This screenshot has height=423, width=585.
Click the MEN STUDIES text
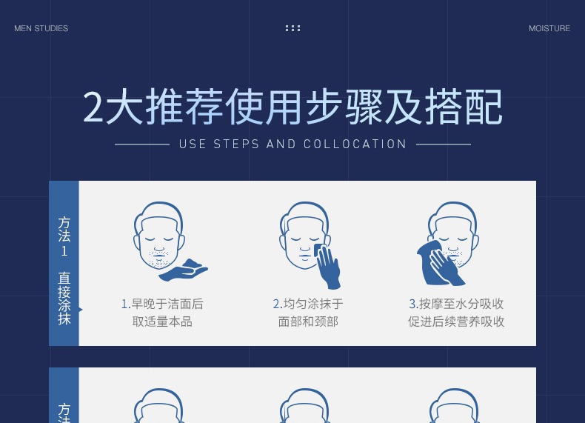pyautogui.click(x=41, y=28)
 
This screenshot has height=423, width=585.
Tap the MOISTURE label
pyautogui.click(x=549, y=28)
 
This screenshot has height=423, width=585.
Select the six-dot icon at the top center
pyautogui.click(x=293, y=28)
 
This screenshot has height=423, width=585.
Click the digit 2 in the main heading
pyautogui.click(x=93, y=107)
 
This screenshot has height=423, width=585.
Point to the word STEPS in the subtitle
pyautogui.click(x=235, y=144)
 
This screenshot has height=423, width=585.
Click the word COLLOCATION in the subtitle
pyautogui.click(x=355, y=144)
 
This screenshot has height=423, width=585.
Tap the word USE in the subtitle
pyautogui.click(x=193, y=144)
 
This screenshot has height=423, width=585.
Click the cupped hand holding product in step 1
pyautogui.click(x=183, y=270)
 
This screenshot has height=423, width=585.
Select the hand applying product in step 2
pyautogui.click(x=327, y=266)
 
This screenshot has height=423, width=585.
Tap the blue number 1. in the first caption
pyautogui.click(x=126, y=304)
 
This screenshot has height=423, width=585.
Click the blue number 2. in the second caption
pyautogui.click(x=278, y=304)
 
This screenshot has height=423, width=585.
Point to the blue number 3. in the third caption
pyautogui.click(x=413, y=304)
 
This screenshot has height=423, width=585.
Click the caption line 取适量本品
pyautogui.click(x=162, y=322)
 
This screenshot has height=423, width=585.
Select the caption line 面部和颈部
pyautogui.click(x=308, y=322)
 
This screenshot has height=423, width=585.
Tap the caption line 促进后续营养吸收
pyautogui.click(x=456, y=322)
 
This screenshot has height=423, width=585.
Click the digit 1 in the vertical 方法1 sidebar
pyautogui.click(x=64, y=251)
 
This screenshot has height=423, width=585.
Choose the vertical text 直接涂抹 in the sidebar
pyautogui.click(x=64, y=299)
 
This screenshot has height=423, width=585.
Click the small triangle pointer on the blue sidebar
pyautogui.click(x=81, y=310)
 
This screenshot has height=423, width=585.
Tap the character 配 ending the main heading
pyautogui.click(x=484, y=107)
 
